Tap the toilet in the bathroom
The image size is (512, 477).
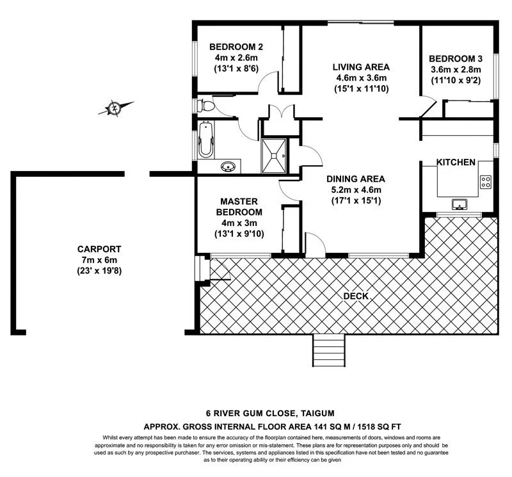(x=206, y=106)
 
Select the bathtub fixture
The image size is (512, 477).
(x=206, y=141)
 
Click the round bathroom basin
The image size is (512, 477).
(x=227, y=167)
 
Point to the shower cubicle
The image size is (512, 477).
(x=276, y=154)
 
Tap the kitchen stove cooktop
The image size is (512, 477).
(x=485, y=181)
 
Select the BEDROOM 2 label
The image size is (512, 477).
(x=236, y=47)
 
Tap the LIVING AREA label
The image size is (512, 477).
(x=361, y=67)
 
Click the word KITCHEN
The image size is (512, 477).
(x=456, y=163)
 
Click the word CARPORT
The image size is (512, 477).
(x=99, y=249)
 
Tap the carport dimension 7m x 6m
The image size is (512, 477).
(x=99, y=260)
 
